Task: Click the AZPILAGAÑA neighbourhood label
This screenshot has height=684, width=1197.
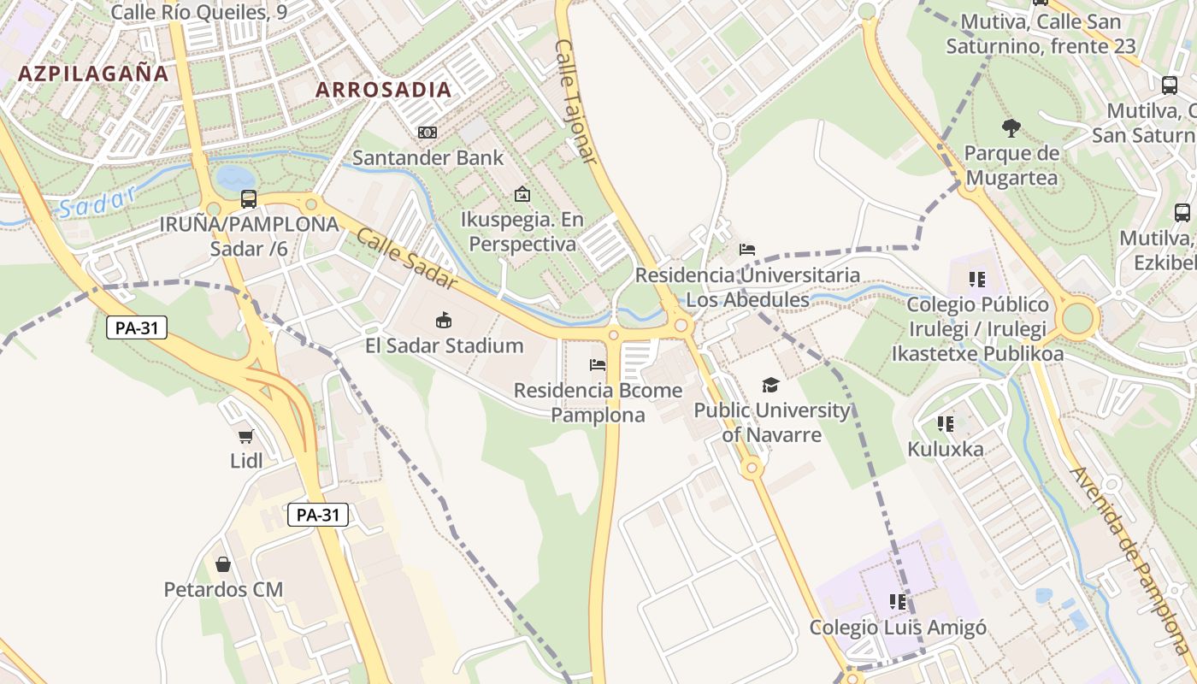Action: coord(93,73)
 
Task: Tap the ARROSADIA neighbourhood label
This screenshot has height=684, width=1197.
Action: coord(383,89)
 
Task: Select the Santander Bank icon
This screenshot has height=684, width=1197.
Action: coord(427,133)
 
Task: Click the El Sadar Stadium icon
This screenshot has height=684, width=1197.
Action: coord(444,321)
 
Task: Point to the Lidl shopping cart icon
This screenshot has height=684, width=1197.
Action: coord(246,436)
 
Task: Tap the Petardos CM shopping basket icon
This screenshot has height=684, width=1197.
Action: coord(223,564)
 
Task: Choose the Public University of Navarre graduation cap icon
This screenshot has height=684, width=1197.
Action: coord(770,386)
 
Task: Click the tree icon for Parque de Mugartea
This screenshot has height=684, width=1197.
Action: coord(1011,128)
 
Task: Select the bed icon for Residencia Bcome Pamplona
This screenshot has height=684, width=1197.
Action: coord(598,365)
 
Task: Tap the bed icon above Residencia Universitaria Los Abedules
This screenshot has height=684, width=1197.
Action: coord(747,250)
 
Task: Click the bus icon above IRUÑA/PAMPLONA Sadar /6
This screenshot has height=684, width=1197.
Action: coord(249,199)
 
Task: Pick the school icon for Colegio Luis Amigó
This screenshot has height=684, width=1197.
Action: coord(897,602)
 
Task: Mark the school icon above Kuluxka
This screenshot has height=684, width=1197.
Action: coord(945,423)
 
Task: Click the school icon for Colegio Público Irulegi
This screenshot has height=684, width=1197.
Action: coord(977,279)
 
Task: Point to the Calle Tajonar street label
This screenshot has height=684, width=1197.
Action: coord(575,101)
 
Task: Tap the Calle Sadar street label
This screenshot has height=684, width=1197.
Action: coord(406,258)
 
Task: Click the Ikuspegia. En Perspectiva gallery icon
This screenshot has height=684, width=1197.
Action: coord(522,194)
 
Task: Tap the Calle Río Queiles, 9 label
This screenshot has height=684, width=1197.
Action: coord(198,12)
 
